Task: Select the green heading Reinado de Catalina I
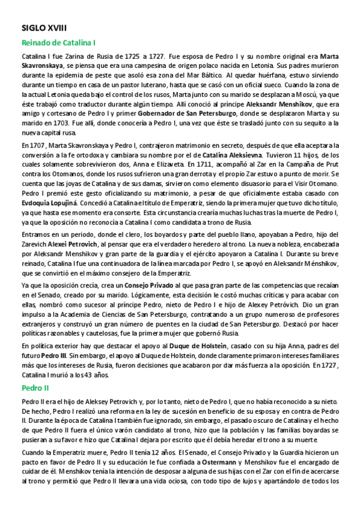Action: tap(59, 43)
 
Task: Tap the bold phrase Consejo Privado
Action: tap(148, 285)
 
